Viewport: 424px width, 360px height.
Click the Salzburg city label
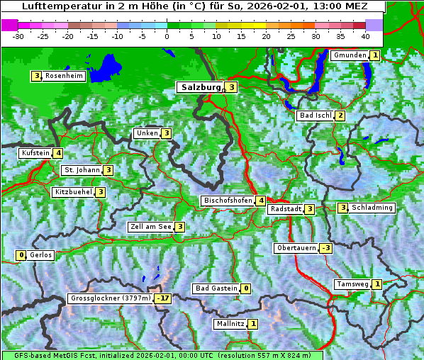pos(201,87)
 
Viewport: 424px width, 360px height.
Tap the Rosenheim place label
pos(64,76)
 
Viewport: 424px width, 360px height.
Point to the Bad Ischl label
pos(315,116)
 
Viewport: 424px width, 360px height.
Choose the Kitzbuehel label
pos(73,192)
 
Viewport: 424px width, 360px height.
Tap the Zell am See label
pos(151,227)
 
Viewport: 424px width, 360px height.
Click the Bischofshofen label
pos(228,201)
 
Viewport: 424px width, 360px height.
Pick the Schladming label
pos(372,208)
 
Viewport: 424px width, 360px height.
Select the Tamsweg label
pos(352,284)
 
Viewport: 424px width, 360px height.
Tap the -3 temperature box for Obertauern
pos(325,248)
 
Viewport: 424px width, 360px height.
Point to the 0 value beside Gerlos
pos(21,255)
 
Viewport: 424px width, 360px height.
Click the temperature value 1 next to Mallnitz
pos(253,324)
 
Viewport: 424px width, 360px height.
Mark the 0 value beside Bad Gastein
pos(245,288)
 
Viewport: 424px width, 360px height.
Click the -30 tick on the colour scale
pos(18,36)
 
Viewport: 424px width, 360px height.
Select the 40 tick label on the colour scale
pos(365,36)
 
